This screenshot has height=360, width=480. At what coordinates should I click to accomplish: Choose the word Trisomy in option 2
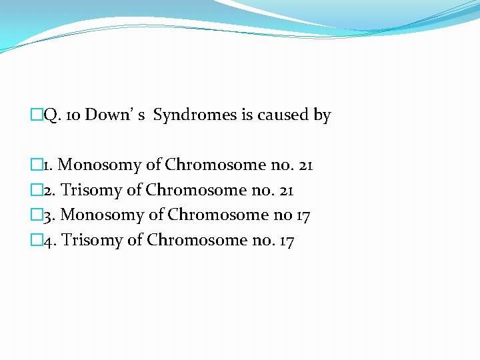[91, 190]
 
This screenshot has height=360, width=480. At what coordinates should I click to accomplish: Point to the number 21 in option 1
[305, 165]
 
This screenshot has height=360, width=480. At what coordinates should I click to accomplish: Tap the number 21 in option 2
[285, 190]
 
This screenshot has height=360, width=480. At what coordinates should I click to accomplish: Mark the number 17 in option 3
[302, 215]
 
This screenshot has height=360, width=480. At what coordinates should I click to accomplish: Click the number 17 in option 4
[285, 239]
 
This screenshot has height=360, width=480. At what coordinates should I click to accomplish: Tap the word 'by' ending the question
[322, 116]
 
